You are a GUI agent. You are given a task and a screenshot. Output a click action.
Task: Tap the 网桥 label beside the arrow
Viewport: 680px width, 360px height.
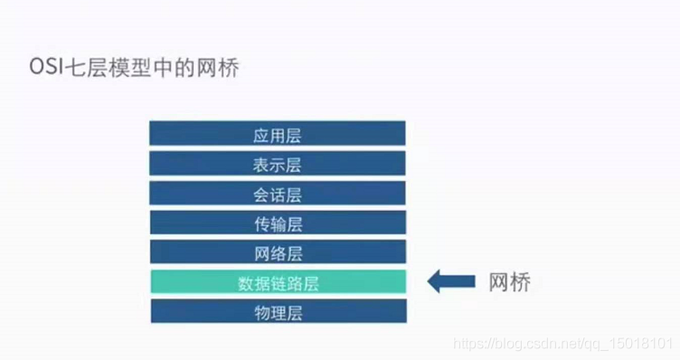[x=509, y=282]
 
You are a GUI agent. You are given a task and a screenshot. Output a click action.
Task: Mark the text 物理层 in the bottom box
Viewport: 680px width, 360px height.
[x=277, y=313]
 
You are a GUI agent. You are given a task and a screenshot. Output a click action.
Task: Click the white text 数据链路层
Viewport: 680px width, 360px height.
[x=278, y=283]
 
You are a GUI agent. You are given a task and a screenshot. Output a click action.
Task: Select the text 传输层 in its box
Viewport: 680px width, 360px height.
[x=277, y=224]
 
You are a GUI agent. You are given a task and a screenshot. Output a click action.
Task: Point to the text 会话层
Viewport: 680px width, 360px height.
[x=277, y=194]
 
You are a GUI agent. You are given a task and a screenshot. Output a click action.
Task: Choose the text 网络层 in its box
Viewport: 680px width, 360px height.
[x=277, y=253]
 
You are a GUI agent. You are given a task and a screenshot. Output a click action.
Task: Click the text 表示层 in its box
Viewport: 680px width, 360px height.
[x=277, y=166]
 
